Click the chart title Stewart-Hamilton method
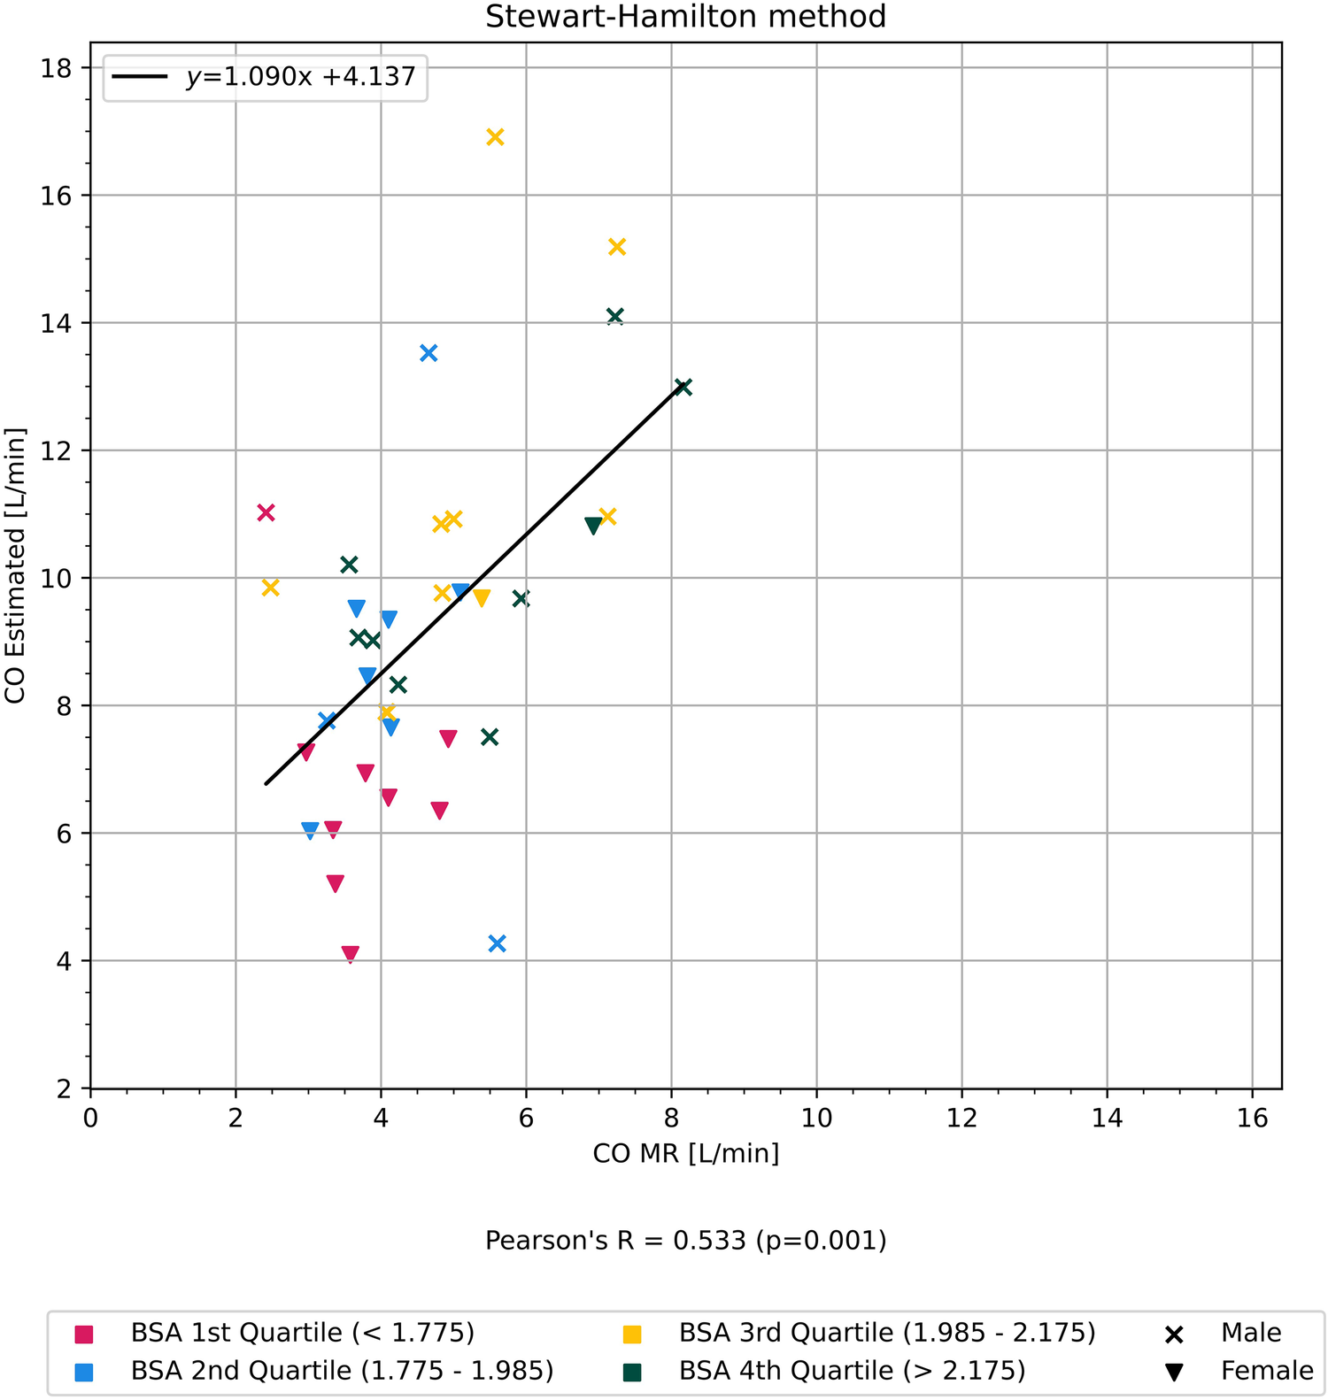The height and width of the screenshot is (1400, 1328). point(685,17)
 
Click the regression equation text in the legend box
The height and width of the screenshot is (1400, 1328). point(301,77)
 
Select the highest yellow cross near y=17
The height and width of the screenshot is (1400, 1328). point(496,137)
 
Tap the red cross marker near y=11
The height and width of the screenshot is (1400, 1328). point(266,512)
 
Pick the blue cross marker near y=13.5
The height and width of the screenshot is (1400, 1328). point(429,353)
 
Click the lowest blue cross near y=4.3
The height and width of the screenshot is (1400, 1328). point(498,943)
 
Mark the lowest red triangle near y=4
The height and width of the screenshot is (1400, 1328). point(351,954)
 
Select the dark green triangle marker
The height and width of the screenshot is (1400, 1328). point(593,526)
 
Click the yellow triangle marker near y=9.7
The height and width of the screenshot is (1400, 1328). point(482,598)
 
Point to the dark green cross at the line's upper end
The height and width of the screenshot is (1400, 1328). point(683,387)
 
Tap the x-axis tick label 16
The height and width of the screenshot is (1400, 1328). point(1252,1119)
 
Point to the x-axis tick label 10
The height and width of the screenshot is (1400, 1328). point(816,1119)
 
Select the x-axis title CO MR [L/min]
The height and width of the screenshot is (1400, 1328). point(685,1153)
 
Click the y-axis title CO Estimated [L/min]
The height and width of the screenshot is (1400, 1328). point(15,565)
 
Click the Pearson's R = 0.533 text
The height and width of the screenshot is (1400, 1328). point(685,1241)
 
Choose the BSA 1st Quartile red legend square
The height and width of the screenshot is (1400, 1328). point(84,1335)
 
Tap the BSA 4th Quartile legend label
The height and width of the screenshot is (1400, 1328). point(852,1371)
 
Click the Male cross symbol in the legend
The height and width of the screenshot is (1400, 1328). point(1174,1335)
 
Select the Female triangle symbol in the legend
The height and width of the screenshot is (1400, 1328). point(1174,1373)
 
